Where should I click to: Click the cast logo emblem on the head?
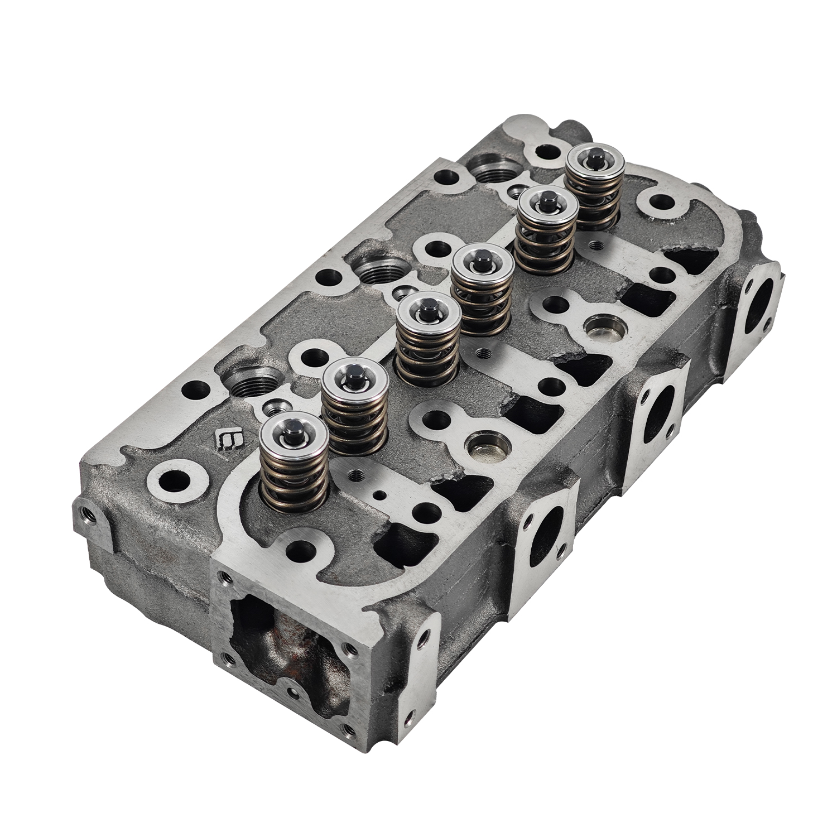tap(227, 437)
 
